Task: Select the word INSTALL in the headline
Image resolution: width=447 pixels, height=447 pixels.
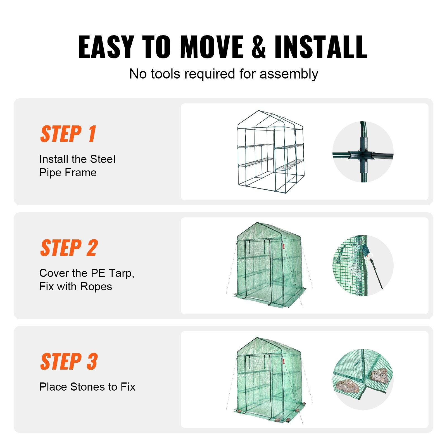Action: [x=321, y=47]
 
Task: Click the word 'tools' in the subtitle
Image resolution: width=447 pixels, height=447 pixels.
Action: [x=165, y=74]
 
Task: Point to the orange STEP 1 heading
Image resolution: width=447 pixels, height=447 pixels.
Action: [x=68, y=134]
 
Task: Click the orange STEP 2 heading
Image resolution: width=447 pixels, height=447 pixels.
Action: [x=69, y=248]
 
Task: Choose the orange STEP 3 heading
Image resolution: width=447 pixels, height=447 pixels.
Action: [x=69, y=362]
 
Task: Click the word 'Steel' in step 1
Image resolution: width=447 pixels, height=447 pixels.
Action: [x=103, y=159]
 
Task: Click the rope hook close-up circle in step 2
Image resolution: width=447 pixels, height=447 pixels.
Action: [x=363, y=265]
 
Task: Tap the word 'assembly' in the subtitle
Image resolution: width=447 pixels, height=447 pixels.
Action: [x=289, y=74]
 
